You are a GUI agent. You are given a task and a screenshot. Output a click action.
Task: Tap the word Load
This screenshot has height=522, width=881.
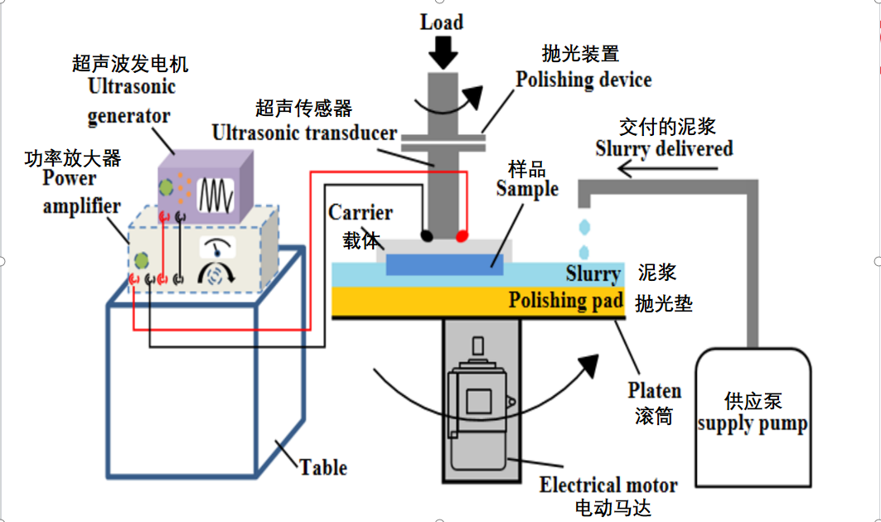442,22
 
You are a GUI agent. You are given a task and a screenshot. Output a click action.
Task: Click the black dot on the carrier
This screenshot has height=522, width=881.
427,235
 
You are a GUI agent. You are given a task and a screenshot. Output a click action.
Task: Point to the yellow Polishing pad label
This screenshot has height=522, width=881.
565,301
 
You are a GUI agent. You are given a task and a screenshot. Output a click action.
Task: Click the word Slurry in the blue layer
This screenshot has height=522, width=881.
593,273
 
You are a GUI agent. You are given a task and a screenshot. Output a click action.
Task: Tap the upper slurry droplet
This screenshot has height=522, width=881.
585,226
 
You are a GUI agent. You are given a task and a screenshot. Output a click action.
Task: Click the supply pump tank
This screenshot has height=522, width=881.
752,413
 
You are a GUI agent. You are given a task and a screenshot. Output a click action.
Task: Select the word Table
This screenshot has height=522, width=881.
324,467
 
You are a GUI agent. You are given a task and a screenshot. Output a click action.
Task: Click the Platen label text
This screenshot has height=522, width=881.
655,391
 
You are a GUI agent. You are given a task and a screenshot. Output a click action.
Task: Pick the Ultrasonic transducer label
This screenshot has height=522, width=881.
304,133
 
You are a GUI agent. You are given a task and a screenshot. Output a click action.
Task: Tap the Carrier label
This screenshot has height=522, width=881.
360,213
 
